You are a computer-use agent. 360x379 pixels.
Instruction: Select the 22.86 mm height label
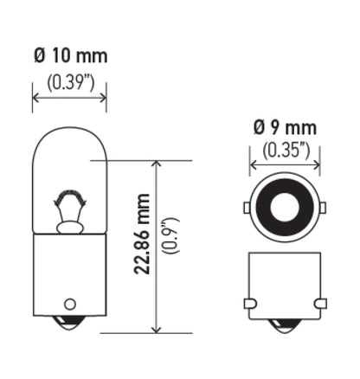(145, 245)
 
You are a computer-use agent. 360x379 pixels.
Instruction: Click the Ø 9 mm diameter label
(285, 127)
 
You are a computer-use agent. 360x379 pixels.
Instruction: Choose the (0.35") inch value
(285, 150)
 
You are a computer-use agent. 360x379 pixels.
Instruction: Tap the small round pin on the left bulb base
(69, 304)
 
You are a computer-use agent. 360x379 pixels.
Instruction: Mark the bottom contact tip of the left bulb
(69, 327)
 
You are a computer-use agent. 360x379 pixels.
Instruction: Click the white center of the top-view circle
(285, 209)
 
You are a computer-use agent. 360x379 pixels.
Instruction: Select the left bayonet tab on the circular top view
(248, 209)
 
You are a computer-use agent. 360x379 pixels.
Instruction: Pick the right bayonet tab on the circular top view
(321, 209)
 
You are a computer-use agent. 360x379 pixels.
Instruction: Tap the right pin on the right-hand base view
(321, 303)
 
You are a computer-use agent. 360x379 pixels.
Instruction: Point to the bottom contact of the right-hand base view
(285, 328)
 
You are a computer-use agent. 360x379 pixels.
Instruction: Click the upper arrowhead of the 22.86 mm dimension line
(156, 164)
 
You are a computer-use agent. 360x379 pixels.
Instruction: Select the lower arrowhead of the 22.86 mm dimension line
(156, 328)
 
